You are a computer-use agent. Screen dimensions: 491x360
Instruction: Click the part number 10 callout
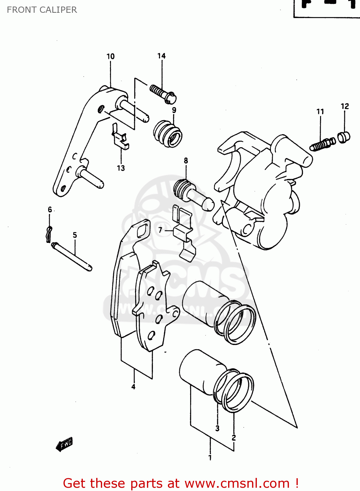click(x=111, y=56)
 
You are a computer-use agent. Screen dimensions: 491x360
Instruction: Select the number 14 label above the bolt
click(x=161, y=56)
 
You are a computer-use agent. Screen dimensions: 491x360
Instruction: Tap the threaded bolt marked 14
click(x=163, y=93)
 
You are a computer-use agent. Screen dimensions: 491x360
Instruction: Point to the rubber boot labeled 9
click(x=168, y=134)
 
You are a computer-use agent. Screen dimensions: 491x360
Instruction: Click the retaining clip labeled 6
click(x=49, y=234)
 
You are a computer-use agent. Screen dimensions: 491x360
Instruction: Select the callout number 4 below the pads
click(x=133, y=387)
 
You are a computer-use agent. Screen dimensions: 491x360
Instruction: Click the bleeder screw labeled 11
click(x=322, y=144)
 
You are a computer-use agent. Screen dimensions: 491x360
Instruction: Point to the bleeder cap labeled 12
click(x=344, y=137)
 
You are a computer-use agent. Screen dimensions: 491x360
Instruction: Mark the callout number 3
click(x=217, y=428)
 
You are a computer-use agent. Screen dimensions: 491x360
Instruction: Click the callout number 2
click(x=234, y=438)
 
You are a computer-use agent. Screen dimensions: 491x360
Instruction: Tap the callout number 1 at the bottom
click(x=210, y=458)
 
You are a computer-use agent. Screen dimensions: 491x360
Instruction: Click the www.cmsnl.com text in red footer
click(x=237, y=483)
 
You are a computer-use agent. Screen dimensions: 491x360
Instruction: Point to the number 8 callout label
click(x=186, y=160)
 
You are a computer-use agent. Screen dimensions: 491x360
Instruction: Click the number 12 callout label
click(x=345, y=106)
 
